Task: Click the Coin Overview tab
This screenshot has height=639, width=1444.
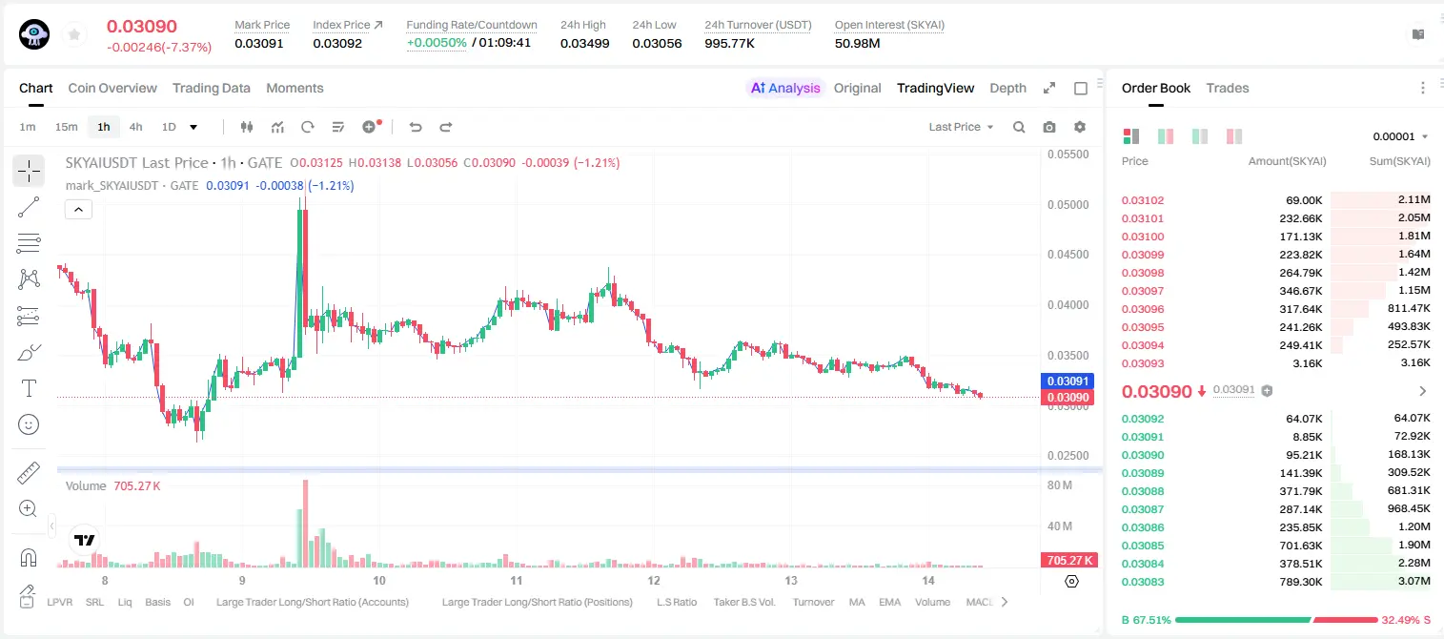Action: click(x=112, y=88)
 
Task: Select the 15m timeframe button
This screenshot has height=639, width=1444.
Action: click(x=66, y=127)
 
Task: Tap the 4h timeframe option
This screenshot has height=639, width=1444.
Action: click(x=135, y=127)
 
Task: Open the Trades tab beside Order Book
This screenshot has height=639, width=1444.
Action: click(x=1228, y=88)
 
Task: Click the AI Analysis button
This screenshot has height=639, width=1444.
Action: click(x=785, y=88)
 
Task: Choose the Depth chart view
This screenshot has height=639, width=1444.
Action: click(x=1007, y=88)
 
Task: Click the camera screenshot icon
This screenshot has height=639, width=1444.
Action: click(x=1049, y=127)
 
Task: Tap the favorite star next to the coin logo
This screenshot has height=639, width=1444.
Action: click(x=74, y=34)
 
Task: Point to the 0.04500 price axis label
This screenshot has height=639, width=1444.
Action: click(x=1068, y=254)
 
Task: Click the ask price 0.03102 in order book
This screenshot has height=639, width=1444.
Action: click(x=1142, y=200)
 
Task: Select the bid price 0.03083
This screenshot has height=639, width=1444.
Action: click(x=1142, y=582)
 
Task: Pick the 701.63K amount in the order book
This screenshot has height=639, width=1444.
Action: click(x=1300, y=546)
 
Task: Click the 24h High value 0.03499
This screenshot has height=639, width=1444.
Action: click(x=584, y=43)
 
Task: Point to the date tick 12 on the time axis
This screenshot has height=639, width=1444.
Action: click(x=654, y=580)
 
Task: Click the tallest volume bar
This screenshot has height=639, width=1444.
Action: click(x=306, y=524)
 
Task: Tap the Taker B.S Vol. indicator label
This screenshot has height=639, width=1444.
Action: click(x=743, y=602)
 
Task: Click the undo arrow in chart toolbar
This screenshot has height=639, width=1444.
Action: click(x=416, y=127)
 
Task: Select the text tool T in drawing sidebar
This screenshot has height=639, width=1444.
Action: click(x=29, y=388)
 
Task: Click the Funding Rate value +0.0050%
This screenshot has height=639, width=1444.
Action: click(x=437, y=43)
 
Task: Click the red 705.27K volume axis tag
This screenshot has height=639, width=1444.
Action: click(x=1068, y=561)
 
